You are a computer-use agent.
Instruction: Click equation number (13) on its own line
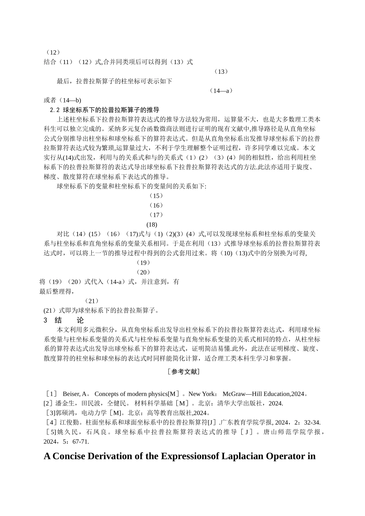pyautogui.click(x=221, y=71)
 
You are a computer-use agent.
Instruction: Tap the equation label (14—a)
pyautogui.click(x=221, y=91)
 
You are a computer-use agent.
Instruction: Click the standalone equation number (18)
pyautogui.click(x=152, y=225)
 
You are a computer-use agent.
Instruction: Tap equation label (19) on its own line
pyautogui.click(x=143, y=263)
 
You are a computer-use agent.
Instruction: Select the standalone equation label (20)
pyautogui.click(x=143, y=272)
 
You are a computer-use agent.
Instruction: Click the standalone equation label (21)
pyautogui.click(x=92, y=301)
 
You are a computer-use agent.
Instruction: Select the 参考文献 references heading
pyautogui.click(x=183, y=372)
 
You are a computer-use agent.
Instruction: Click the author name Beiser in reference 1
pyautogui.click(x=71, y=394)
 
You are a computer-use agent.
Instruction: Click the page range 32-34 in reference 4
pyautogui.click(x=312, y=423)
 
